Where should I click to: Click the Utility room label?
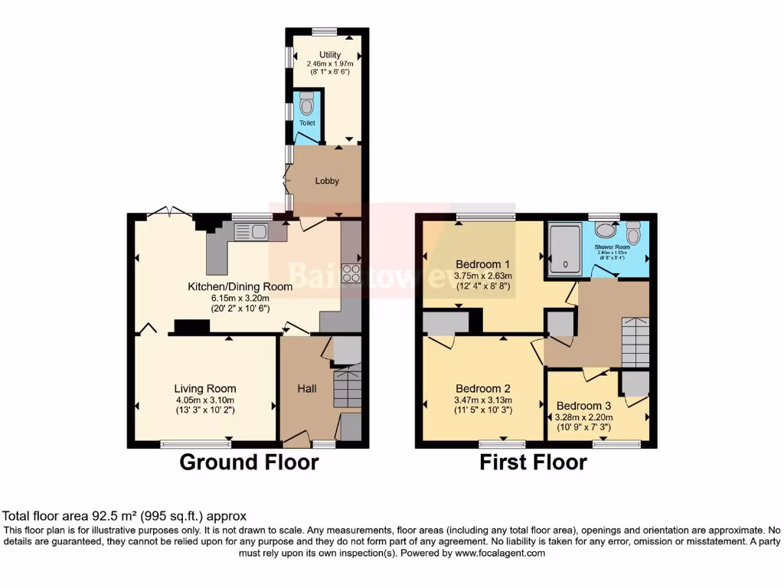pyautogui.click(x=325, y=55)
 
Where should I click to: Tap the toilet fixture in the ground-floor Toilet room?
pyautogui.click(x=307, y=104)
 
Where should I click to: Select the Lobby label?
pyautogui.click(x=327, y=181)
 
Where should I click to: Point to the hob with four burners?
pyautogui.click(x=351, y=273)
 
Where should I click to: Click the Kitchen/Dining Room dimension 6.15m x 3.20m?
pyautogui.click(x=240, y=299)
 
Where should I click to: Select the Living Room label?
pyautogui.click(x=204, y=389)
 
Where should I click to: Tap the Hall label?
pyautogui.click(x=306, y=389)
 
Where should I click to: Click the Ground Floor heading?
pyautogui.click(x=249, y=462)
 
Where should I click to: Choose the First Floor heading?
pyautogui.click(x=533, y=462)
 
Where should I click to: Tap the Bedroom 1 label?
pyautogui.click(x=482, y=265)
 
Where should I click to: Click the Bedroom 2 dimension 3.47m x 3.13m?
pyautogui.click(x=482, y=400)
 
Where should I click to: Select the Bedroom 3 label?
pyautogui.click(x=583, y=406)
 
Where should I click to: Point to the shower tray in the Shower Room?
pyautogui.click(x=565, y=250)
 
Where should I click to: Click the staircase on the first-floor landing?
pyautogui.click(x=635, y=342)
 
